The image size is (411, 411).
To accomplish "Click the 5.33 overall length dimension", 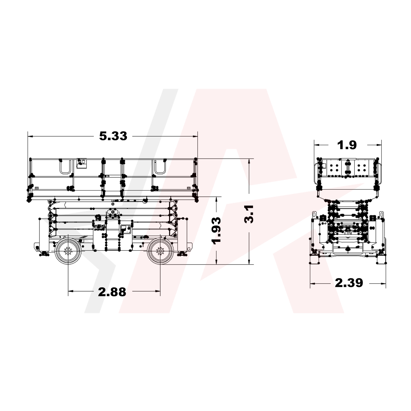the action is click(x=113, y=136).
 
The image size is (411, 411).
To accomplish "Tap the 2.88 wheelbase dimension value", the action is click(x=112, y=292).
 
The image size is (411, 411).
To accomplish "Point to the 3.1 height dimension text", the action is click(x=249, y=214).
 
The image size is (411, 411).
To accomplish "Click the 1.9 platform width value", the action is click(x=347, y=145).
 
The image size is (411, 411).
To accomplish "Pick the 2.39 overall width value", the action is click(x=349, y=283).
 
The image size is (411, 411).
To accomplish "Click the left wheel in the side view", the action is click(x=68, y=251).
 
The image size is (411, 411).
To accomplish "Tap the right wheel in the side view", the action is click(x=160, y=251).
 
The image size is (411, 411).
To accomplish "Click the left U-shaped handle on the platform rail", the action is click(x=65, y=167).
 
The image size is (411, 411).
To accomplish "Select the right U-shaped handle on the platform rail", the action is click(x=160, y=167).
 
